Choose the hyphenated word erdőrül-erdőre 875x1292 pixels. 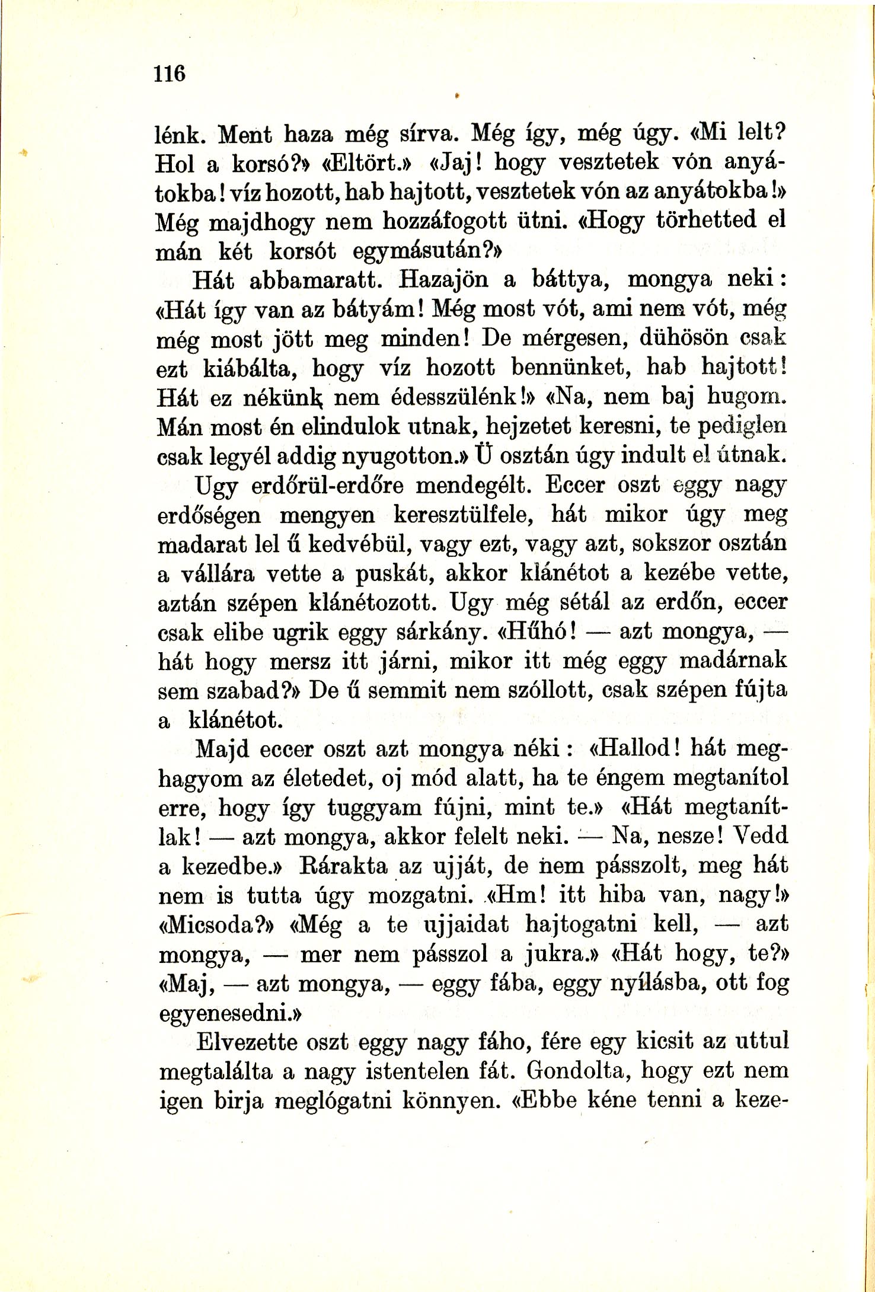[x=327, y=486]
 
